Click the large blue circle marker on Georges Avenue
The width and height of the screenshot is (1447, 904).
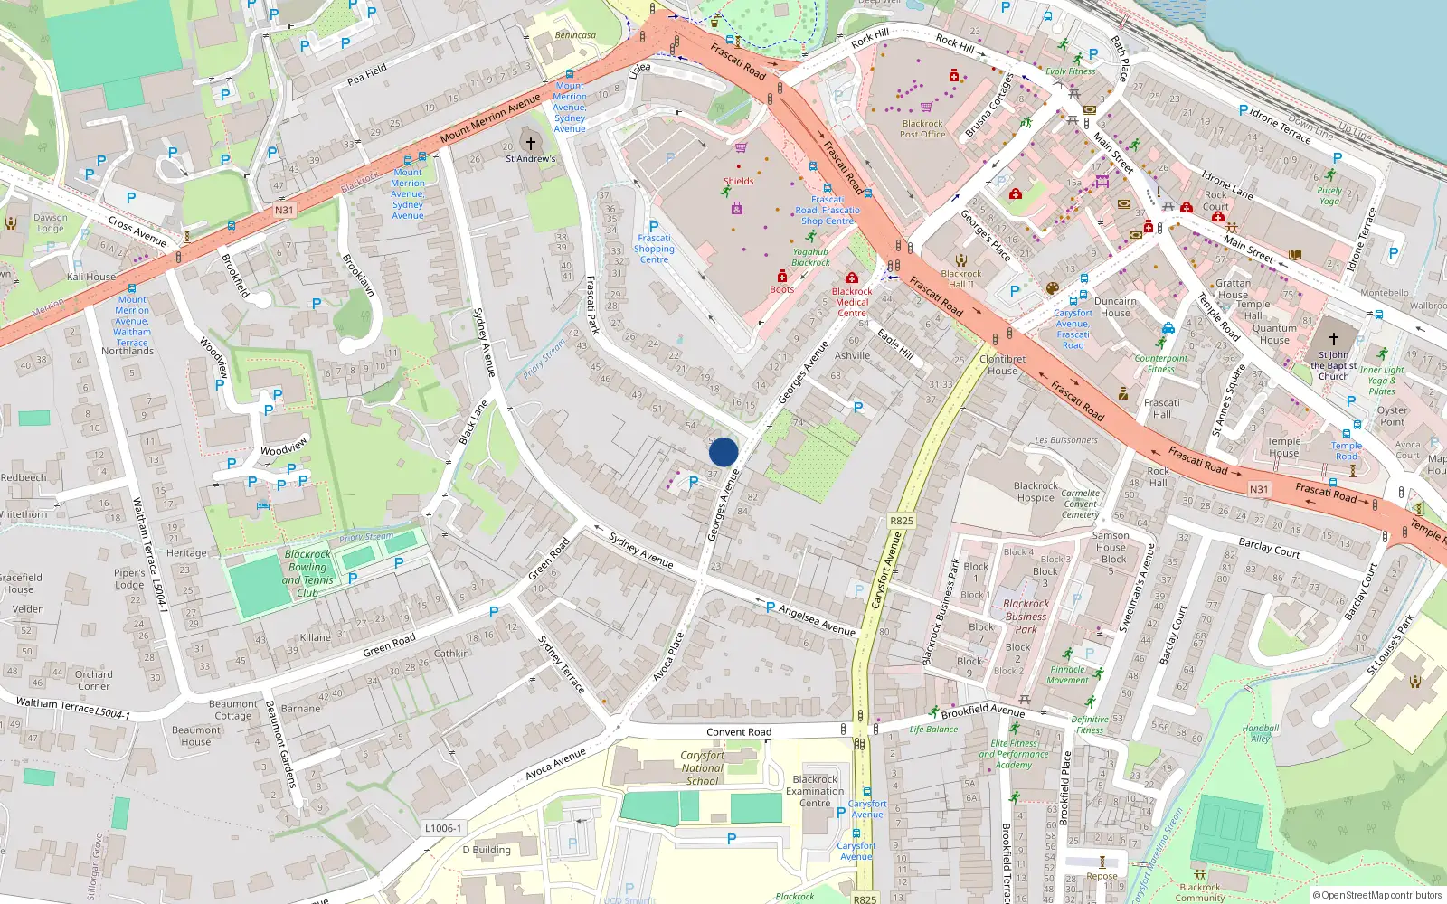723,452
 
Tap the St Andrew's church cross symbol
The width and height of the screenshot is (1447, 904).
531,143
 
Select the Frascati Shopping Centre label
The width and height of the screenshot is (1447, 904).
654,249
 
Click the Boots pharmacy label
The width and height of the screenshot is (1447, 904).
781,289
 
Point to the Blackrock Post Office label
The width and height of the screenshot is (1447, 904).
922,129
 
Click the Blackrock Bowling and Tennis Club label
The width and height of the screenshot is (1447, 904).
307,574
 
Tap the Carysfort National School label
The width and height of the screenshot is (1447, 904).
703,767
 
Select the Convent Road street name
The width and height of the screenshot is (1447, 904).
739,732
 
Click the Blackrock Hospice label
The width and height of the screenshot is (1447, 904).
1036,492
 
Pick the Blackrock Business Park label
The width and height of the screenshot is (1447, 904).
1026,616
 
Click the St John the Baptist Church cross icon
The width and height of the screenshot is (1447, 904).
1333,339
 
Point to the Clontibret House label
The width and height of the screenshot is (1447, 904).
1002,364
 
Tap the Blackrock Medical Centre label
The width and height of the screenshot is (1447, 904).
852,302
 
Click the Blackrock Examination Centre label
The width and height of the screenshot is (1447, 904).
815,791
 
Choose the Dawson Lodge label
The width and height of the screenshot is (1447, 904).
51,222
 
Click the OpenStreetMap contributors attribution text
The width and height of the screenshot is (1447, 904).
1376,896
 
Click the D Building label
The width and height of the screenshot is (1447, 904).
487,850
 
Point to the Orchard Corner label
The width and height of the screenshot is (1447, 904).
94,680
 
